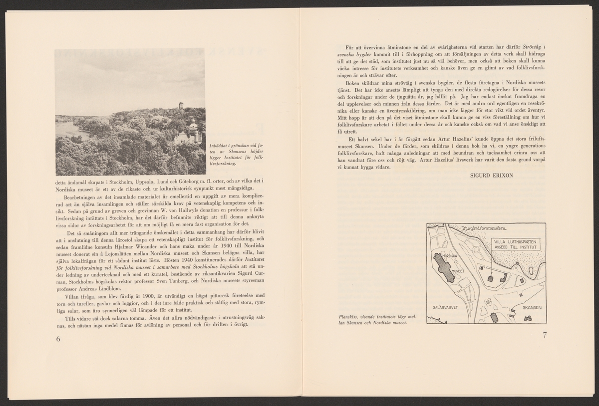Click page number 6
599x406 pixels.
point(58,340)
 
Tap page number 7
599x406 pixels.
point(545,335)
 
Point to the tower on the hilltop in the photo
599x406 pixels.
point(181,106)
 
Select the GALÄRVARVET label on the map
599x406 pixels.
point(446,308)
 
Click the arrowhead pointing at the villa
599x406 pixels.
point(492,273)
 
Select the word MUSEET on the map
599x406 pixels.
point(458,270)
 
